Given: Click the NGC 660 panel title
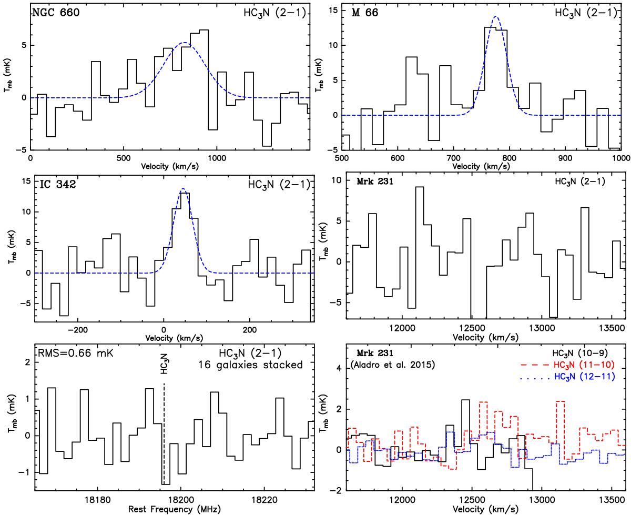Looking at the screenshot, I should [56, 14].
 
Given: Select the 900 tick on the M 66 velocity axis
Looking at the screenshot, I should [565, 158].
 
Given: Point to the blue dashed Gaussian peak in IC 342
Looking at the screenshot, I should [183, 189].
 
